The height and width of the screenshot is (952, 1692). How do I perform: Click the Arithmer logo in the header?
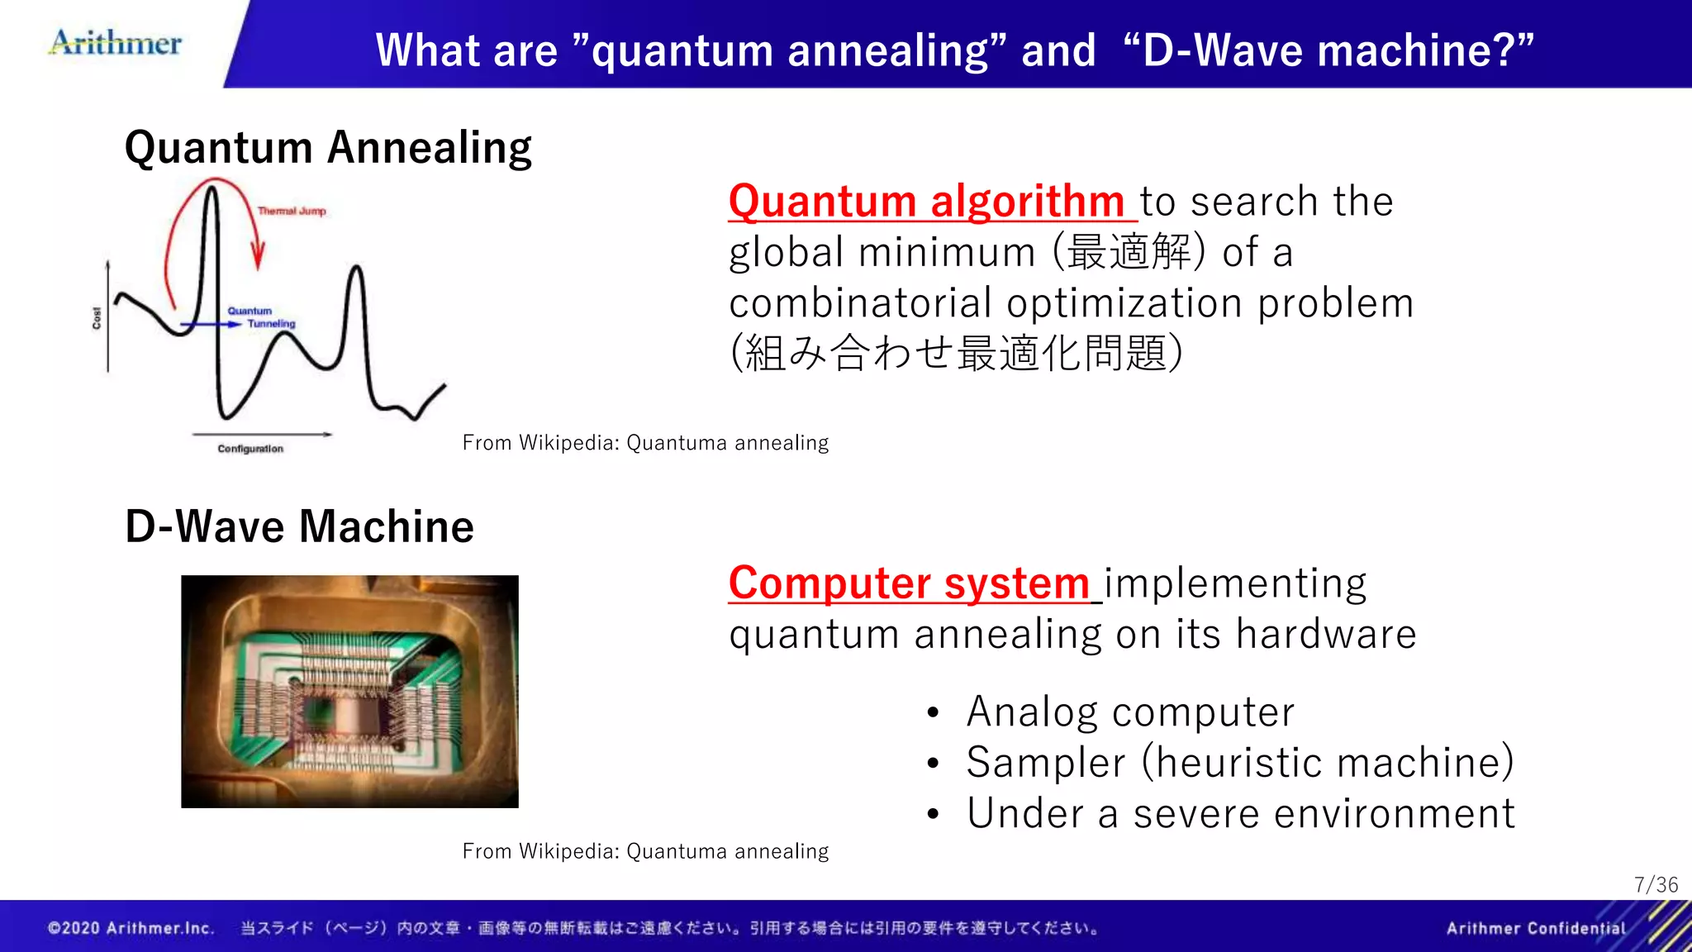coord(116,43)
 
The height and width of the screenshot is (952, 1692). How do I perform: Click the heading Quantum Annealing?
coord(328,148)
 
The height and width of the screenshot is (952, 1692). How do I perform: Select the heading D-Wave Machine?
coord(299,526)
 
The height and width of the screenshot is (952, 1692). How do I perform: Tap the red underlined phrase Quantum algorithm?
coord(926,201)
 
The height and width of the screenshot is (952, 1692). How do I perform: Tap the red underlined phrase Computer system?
coord(909,583)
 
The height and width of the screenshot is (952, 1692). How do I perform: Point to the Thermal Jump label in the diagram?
coord(292,212)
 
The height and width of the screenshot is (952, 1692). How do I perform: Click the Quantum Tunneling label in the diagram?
coord(261,317)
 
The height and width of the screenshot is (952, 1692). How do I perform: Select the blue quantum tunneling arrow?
coord(211,325)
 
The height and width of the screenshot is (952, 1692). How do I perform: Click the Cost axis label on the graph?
coord(97,318)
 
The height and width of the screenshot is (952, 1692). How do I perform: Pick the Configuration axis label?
coord(250,449)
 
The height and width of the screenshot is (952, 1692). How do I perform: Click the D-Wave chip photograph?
coord(349,691)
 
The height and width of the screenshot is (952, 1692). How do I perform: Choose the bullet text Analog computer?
coord(1129,712)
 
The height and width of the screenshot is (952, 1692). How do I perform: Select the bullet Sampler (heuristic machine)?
coord(1239,762)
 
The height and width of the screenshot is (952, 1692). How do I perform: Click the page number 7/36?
coord(1656,885)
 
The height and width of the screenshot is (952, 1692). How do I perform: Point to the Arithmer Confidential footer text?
coord(1535,928)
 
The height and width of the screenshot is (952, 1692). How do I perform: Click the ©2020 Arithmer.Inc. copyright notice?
coord(131,928)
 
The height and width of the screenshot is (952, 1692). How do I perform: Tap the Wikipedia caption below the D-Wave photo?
coord(645,851)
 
